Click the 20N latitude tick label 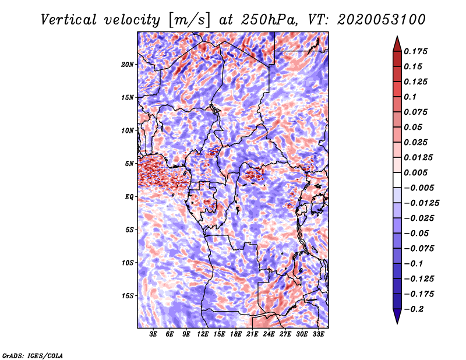(x=128, y=65)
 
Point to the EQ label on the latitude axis (x=129, y=197)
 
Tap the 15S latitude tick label (x=128, y=296)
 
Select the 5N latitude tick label (x=129, y=164)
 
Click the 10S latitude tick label (x=128, y=263)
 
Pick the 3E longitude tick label (x=153, y=334)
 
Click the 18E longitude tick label (x=236, y=334)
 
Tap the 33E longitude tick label (x=318, y=334)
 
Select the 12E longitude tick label (x=203, y=334)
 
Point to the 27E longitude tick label (x=285, y=334)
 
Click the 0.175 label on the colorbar (x=415, y=51)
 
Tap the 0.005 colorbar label (x=415, y=172)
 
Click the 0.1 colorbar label (x=410, y=97)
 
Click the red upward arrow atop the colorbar (x=397, y=45)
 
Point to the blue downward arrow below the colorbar (x=397, y=316)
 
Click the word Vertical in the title (x=69, y=20)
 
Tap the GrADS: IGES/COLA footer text (x=33, y=355)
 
